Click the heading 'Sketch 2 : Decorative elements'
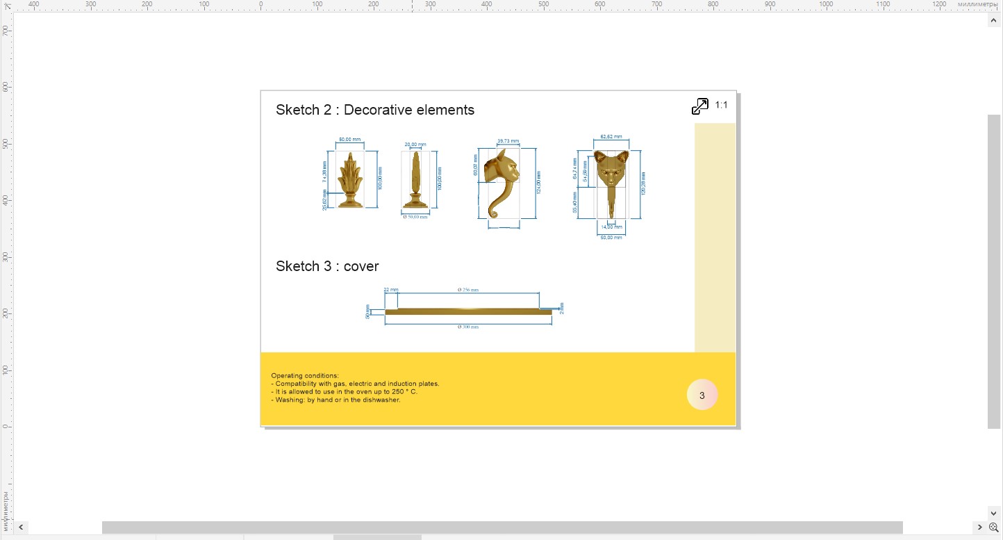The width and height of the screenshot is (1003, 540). point(374,110)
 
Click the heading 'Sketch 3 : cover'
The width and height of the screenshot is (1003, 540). point(327,266)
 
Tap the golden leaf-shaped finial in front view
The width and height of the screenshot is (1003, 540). point(349,180)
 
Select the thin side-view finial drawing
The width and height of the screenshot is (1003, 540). point(415,180)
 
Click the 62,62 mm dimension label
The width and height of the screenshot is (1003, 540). point(611,137)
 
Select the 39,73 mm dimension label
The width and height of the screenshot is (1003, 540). point(508,142)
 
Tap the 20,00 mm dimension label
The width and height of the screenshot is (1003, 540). point(415,145)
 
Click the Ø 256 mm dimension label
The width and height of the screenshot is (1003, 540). point(467,289)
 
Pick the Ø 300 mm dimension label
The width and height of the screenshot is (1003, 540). point(467,327)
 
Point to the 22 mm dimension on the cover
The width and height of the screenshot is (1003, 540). point(390,289)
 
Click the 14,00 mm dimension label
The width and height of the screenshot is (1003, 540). point(611,227)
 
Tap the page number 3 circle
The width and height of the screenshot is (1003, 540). point(702,395)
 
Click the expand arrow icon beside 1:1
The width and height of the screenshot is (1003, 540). point(699,106)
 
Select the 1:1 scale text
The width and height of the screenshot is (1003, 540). point(721,106)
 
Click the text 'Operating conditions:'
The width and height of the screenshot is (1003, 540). point(305,376)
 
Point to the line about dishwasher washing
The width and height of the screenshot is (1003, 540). point(335,400)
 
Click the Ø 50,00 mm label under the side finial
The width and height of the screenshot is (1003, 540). point(415,217)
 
